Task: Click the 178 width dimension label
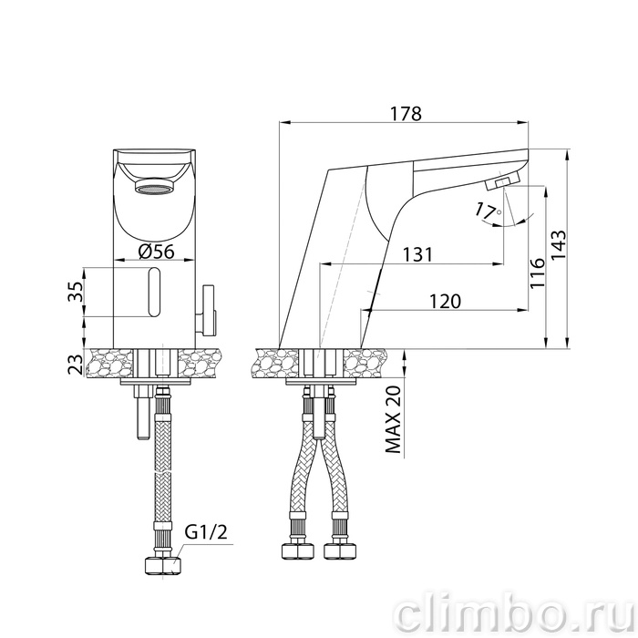pyautogui.click(x=406, y=114)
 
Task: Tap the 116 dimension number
pyautogui.click(x=538, y=273)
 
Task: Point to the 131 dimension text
pyautogui.click(x=417, y=254)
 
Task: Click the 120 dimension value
pyautogui.click(x=445, y=302)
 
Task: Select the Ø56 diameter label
pyautogui.click(x=156, y=252)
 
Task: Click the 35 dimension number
pyautogui.click(x=75, y=292)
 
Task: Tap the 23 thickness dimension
pyautogui.click(x=75, y=365)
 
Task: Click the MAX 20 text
pyautogui.click(x=393, y=419)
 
